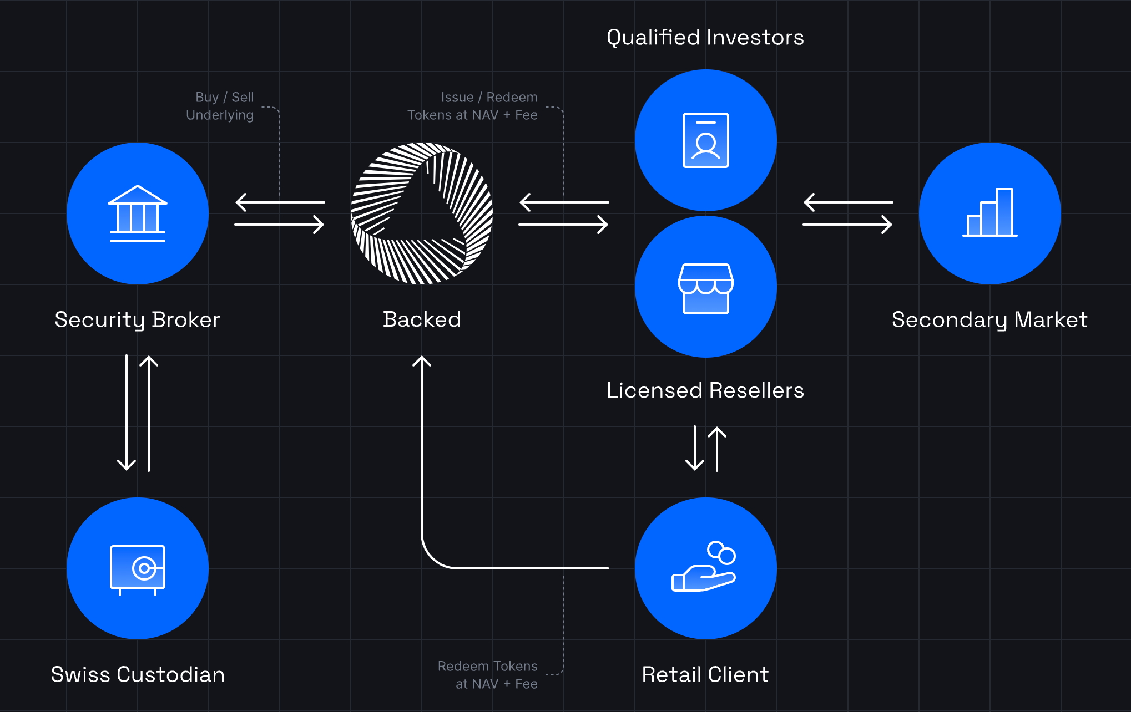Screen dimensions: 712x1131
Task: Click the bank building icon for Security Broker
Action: point(138,213)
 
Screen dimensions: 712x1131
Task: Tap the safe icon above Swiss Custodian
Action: point(138,569)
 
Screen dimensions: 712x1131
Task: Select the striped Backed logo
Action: point(422,213)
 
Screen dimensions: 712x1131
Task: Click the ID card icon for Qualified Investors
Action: point(705,140)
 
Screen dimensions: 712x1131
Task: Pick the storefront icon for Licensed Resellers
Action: point(705,288)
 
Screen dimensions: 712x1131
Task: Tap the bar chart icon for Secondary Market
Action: point(989,213)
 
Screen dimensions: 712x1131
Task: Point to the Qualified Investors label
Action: point(705,38)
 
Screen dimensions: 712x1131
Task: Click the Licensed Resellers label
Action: point(705,390)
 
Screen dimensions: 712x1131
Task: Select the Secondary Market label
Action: point(989,320)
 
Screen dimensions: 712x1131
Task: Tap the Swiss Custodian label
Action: point(138,675)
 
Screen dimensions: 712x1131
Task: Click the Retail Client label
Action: point(705,675)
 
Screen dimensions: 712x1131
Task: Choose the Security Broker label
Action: point(137,320)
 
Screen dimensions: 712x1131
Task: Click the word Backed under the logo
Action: point(422,319)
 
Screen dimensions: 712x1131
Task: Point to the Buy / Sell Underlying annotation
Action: point(220,106)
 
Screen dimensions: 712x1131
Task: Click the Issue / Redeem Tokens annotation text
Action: point(473,106)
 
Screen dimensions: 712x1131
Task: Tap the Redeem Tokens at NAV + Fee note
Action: point(488,675)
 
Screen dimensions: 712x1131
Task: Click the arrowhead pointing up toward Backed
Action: point(422,361)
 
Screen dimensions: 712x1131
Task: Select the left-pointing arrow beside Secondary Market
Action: point(847,202)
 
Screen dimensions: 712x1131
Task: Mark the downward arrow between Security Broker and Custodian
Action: point(127,413)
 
